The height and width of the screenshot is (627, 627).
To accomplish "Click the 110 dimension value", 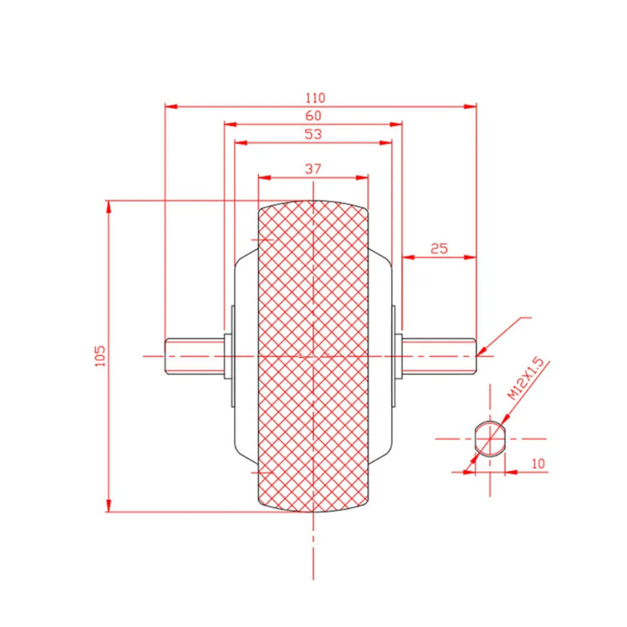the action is pyautogui.click(x=316, y=98).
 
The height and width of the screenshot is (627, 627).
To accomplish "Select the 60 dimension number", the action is pyautogui.click(x=313, y=116).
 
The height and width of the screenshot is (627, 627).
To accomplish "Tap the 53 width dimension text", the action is pyautogui.click(x=313, y=134).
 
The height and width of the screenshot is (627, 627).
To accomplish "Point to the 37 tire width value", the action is pyautogui.click(x=313, y=168).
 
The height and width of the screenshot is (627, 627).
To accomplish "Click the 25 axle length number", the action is pyautogui.click(x=439, y=249).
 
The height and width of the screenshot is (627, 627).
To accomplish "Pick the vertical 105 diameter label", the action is pyautogui.click(x=100, y=356).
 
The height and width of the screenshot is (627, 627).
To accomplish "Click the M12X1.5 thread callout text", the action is pyautogui.click(x=526, y=380).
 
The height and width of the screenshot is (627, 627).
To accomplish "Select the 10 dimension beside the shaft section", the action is pyautogui.click(x=538, y=464).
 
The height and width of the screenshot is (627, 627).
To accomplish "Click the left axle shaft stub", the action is pyautogui.click(x=195, y=356).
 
